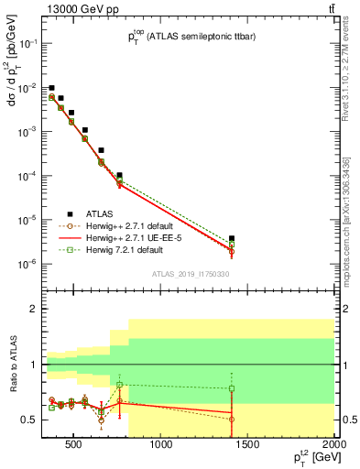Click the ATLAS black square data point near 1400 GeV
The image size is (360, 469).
(232, 238)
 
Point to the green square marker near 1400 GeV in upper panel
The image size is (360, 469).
(232, 245)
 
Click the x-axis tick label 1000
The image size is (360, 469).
(162, 446)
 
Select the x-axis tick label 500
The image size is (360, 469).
(76, 446)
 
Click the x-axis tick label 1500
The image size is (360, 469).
(248, 446)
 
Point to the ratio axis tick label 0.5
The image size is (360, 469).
(30, 420)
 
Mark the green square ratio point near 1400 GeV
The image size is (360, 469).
(232, 388)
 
